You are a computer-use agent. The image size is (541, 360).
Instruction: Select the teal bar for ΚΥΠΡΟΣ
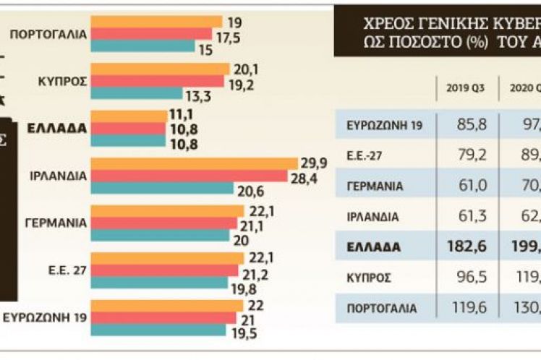[x=137, y=93]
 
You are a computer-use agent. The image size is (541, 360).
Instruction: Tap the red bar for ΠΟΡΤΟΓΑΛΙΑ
[x=152, y=34]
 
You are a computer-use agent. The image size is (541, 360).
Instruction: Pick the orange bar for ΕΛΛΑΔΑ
[x=129, y=116]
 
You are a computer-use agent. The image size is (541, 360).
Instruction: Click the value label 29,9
[x=313, y=163]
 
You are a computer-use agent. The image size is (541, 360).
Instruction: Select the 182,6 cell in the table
[x=459, y=247]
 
